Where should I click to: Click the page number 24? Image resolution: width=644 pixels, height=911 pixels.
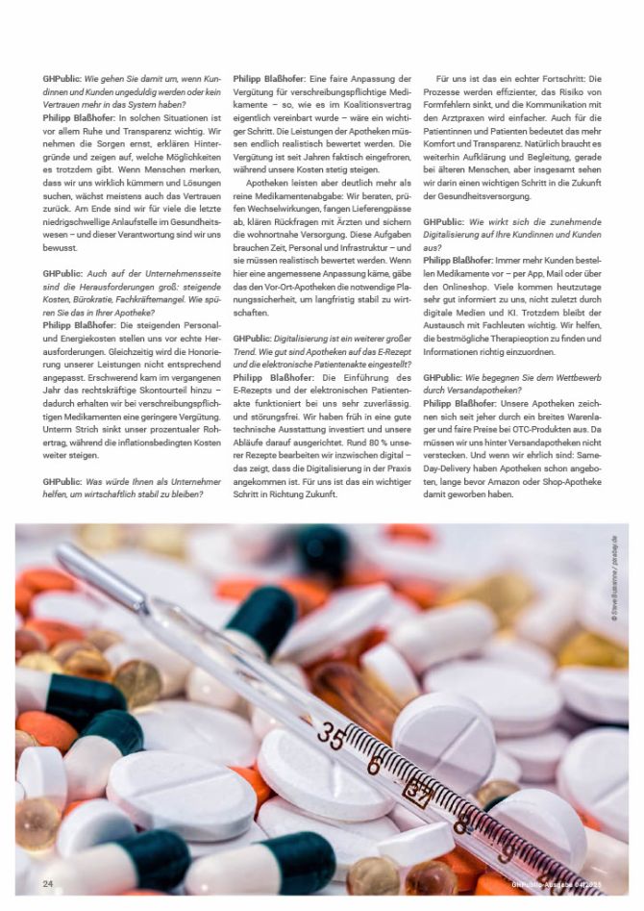point(47,882)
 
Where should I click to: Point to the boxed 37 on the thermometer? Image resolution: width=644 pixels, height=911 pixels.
point(417,793)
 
